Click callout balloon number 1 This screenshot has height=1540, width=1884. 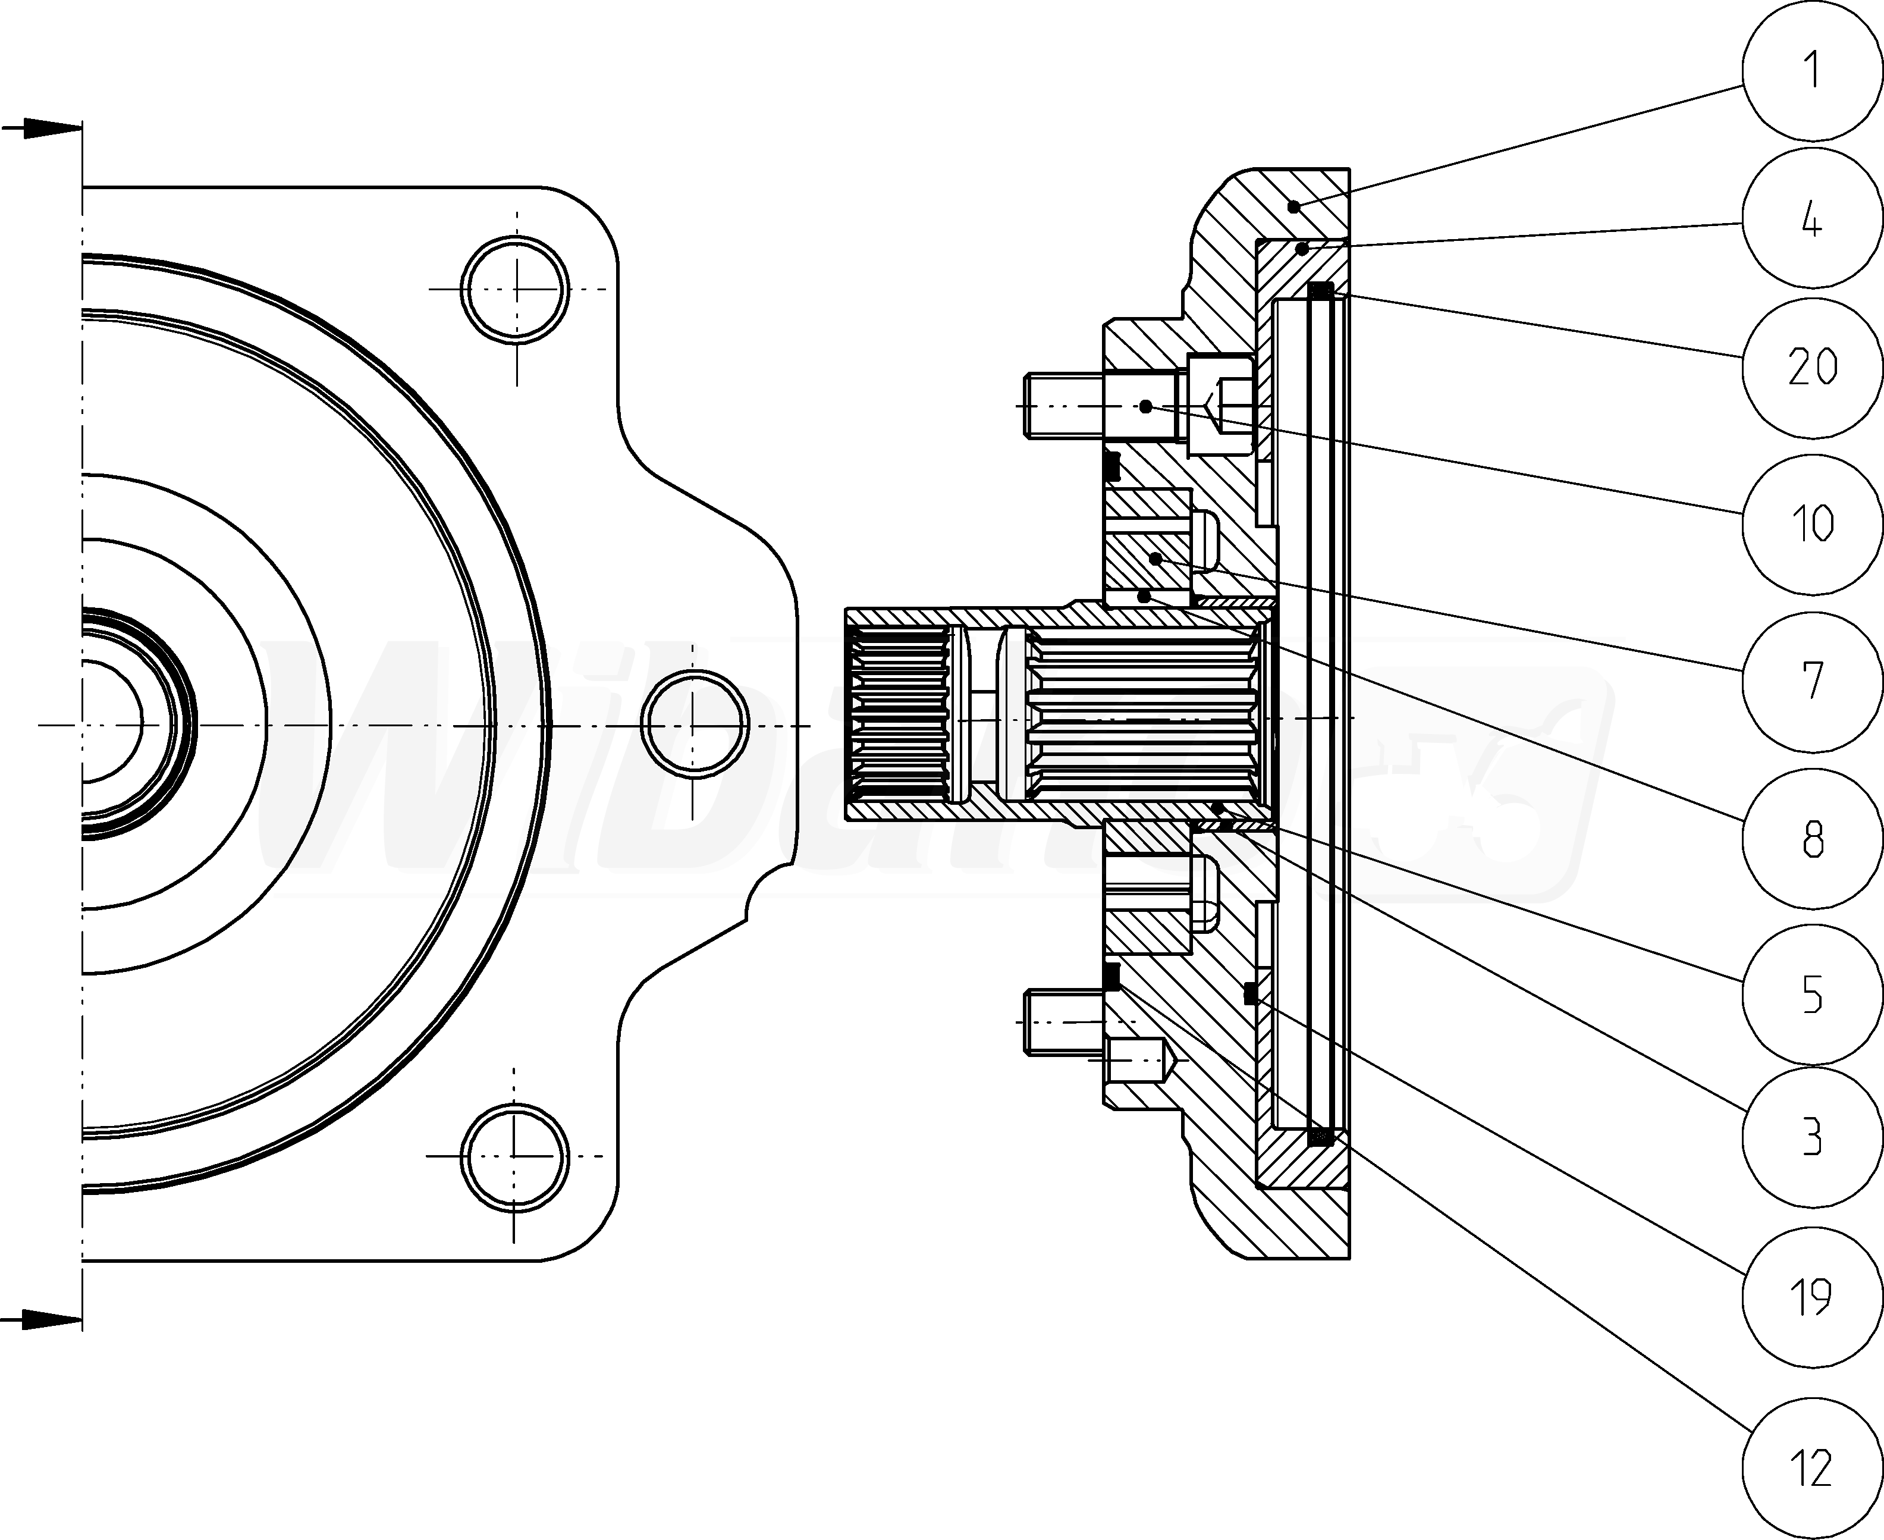point(1811,70)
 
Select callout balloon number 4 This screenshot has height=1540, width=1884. point(1811,218)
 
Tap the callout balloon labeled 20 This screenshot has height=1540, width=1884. point(1811,367)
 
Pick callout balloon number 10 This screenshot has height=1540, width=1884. point(1811,523)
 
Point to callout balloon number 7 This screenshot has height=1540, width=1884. point(1811,680)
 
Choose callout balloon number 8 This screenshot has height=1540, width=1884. point(1811,838)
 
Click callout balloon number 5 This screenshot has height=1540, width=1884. point(1811,995)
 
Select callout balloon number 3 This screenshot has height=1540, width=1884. point(1811,1136)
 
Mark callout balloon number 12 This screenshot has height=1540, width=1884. point(1811,1468)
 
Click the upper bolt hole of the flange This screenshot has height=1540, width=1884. point(516,288)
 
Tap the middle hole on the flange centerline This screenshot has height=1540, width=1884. point(693,724)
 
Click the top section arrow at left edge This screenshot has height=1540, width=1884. point(40,128)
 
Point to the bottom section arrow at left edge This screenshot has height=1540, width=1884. point(40,1320)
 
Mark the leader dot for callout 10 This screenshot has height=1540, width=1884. point(1146,406)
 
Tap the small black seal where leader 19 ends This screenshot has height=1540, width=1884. point(1251,995)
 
